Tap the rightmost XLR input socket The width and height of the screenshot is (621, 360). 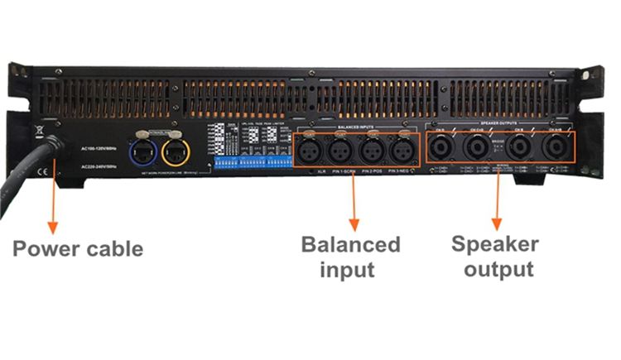402,151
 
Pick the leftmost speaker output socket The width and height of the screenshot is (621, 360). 441,150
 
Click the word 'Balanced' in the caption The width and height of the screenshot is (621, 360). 350,245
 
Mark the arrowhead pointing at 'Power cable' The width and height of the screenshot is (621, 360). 53,225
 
